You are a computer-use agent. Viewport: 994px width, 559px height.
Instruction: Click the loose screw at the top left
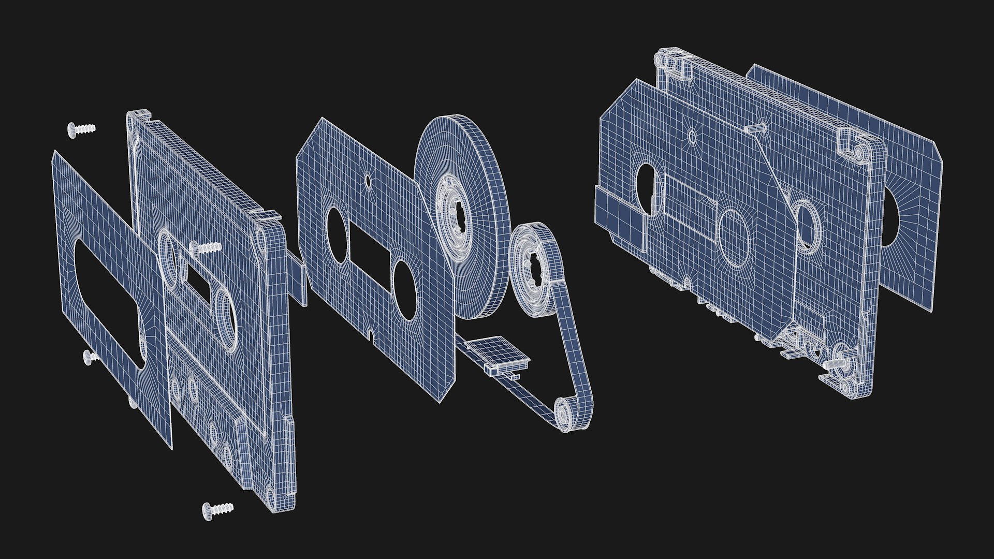[x=80, y=129]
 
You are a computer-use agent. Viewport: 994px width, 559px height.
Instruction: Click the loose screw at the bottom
[x=217, y=509]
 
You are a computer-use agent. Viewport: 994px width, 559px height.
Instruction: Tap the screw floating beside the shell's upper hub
[x=206, y=248]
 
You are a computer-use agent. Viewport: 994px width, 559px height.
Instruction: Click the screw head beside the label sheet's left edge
[x=90, y=356]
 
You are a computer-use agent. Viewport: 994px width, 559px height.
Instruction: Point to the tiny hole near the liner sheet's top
[x=368, y=181]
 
